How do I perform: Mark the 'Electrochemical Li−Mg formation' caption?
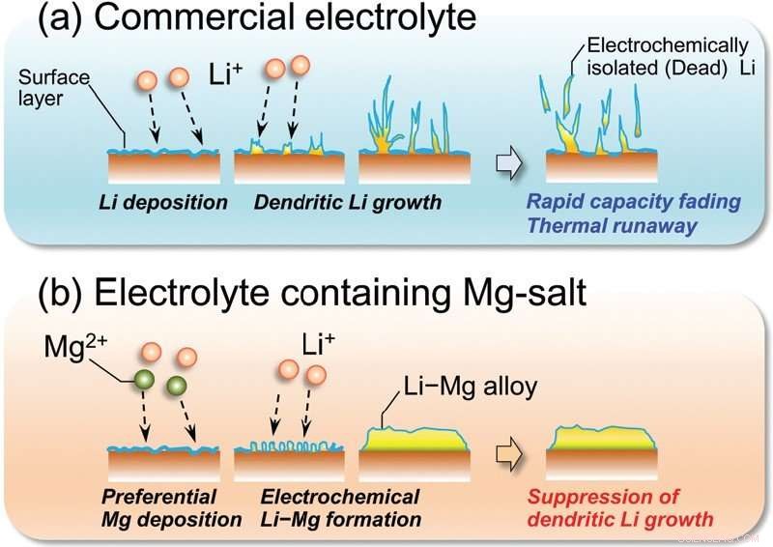(x=341, y=508)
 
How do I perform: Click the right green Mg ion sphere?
(x=179, y=388)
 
